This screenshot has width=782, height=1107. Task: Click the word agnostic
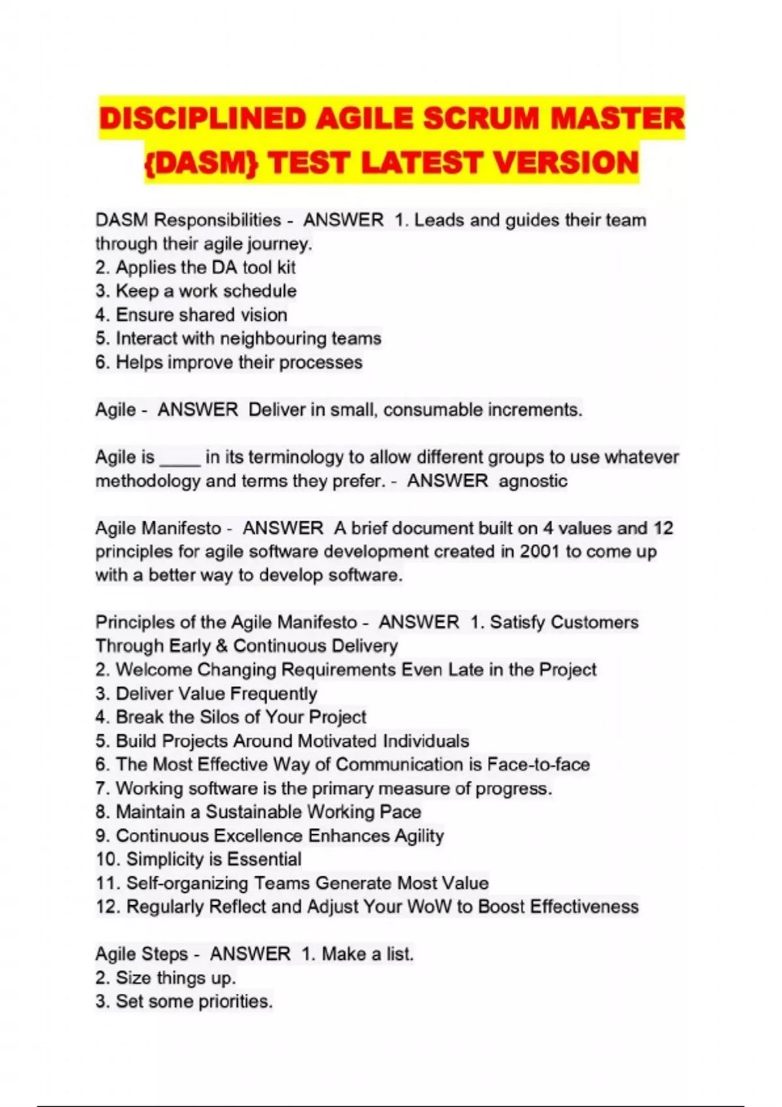tap(533, 481)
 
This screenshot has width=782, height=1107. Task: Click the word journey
tap(282, 244)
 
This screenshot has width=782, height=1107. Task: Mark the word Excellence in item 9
tap(258, 835)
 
